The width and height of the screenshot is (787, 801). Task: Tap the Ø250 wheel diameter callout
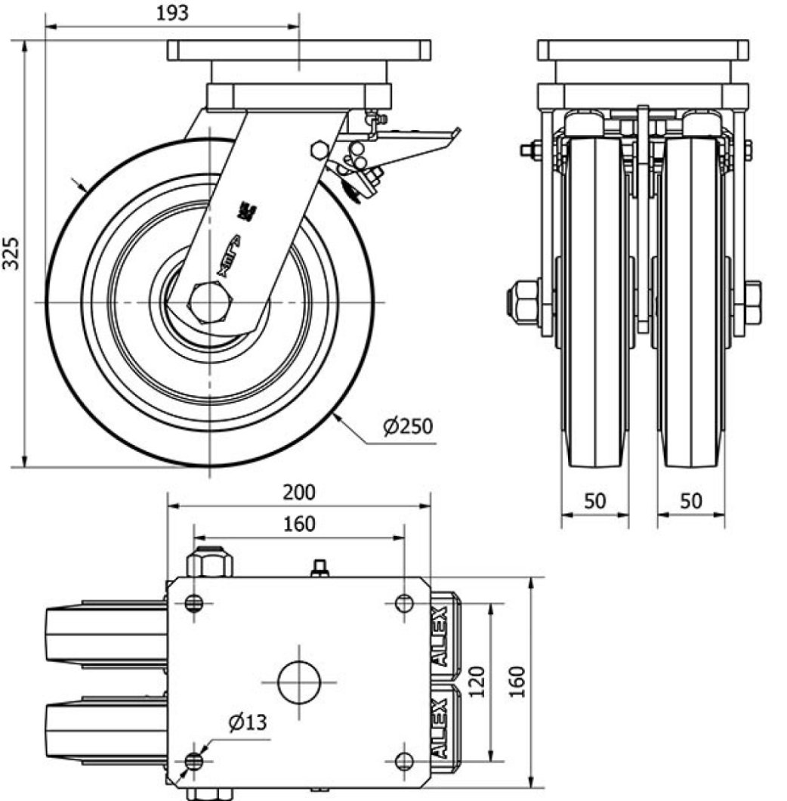tap(408, 426)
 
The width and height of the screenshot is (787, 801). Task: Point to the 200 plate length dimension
tap(299, 492)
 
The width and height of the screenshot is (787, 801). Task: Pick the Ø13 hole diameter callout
tap(248, 723)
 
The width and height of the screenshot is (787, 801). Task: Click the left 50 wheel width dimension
tap(595, 500)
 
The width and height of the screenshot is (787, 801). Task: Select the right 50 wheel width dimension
tap(691, 500)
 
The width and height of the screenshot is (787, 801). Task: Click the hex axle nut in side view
tap(210, 303)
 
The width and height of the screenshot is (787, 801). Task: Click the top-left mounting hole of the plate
tap(195, 603)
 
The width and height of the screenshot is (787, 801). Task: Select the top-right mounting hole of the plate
tap(404, 603)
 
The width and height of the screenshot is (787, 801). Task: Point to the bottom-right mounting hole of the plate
tap(404, 760)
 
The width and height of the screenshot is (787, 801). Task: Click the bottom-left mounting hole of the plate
tap(195, 760)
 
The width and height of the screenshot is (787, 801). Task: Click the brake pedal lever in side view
tap(415, 143)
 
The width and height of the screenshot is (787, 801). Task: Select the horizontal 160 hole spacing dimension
tap(299, 523)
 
